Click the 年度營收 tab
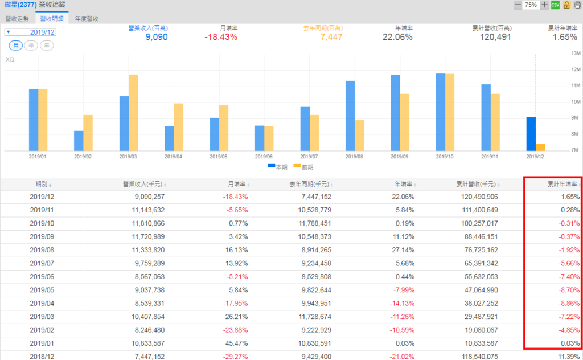(x=87, y=18)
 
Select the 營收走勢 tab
(x=17, y=18)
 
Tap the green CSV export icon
(x=555, y=5)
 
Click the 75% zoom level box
(x=531, y=5)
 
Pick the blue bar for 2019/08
(x=350, y=116)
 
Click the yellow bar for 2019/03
(x=133, y=112)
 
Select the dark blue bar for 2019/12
(x=531, y=134)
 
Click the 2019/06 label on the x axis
(x=264, y=156)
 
